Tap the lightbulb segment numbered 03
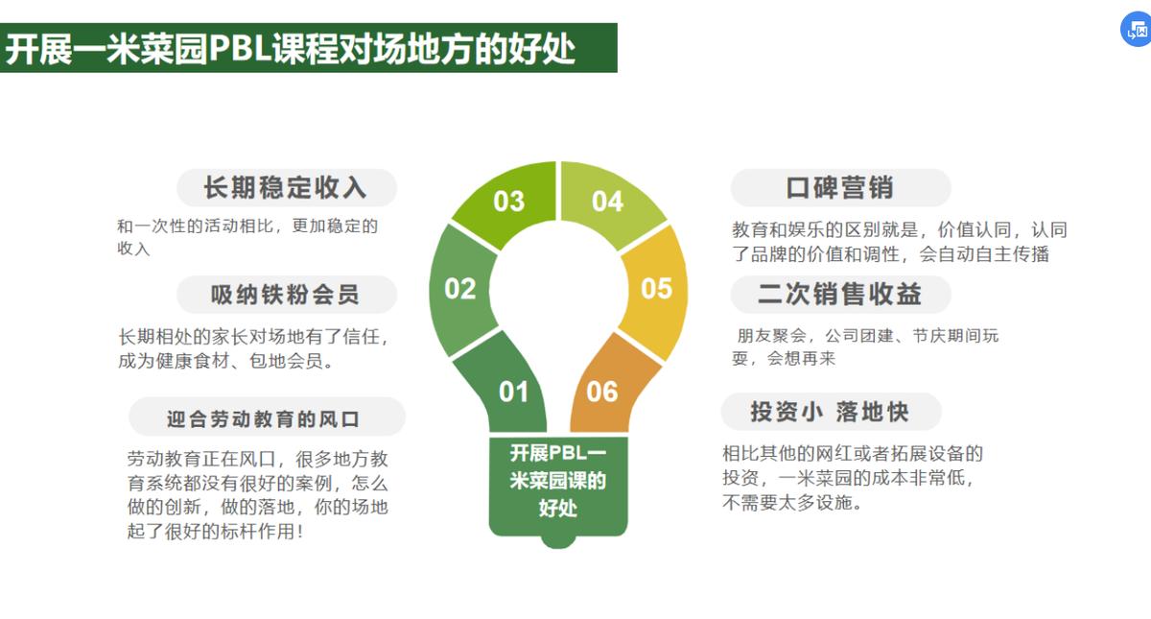point(508,201)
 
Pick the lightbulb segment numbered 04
point(608,202)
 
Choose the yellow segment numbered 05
point(657,289)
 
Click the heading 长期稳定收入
point(286,187)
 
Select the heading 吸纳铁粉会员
point(286,295)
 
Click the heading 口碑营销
point(840,188)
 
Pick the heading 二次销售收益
point(840,295)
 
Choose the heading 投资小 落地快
point(830,413)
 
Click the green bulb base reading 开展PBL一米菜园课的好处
point(557,481)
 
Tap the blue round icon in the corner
point(1136,30)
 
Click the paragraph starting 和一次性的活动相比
point(247,237)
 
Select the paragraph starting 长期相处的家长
point(253,348)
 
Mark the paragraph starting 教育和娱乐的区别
point(899,242)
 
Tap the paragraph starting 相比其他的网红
point(853,477)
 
